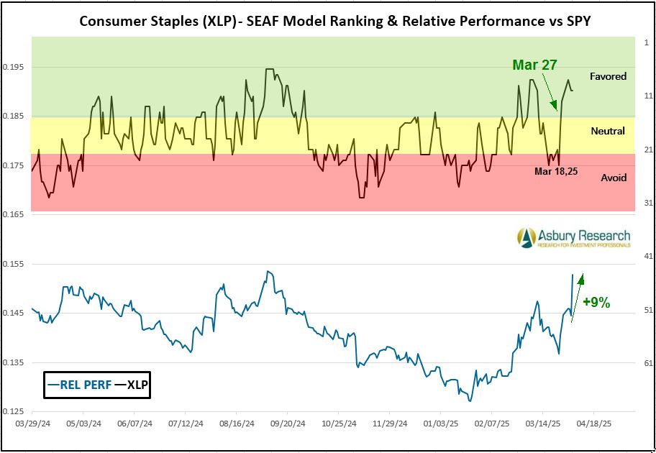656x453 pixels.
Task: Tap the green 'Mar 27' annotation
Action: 534,65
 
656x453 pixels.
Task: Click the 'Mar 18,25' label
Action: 556,171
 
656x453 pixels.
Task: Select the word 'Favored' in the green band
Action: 608,76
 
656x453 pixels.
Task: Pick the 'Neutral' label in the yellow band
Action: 608,131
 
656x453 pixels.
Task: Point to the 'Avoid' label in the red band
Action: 614,178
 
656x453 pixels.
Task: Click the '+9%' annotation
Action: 596,303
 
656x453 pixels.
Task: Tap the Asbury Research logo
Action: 574,237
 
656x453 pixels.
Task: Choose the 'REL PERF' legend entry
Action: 79,385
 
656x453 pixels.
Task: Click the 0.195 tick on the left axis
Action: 13,68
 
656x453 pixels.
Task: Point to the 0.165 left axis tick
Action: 13,215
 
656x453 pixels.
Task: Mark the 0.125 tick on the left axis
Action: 13,412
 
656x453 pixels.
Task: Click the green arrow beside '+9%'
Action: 578,296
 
